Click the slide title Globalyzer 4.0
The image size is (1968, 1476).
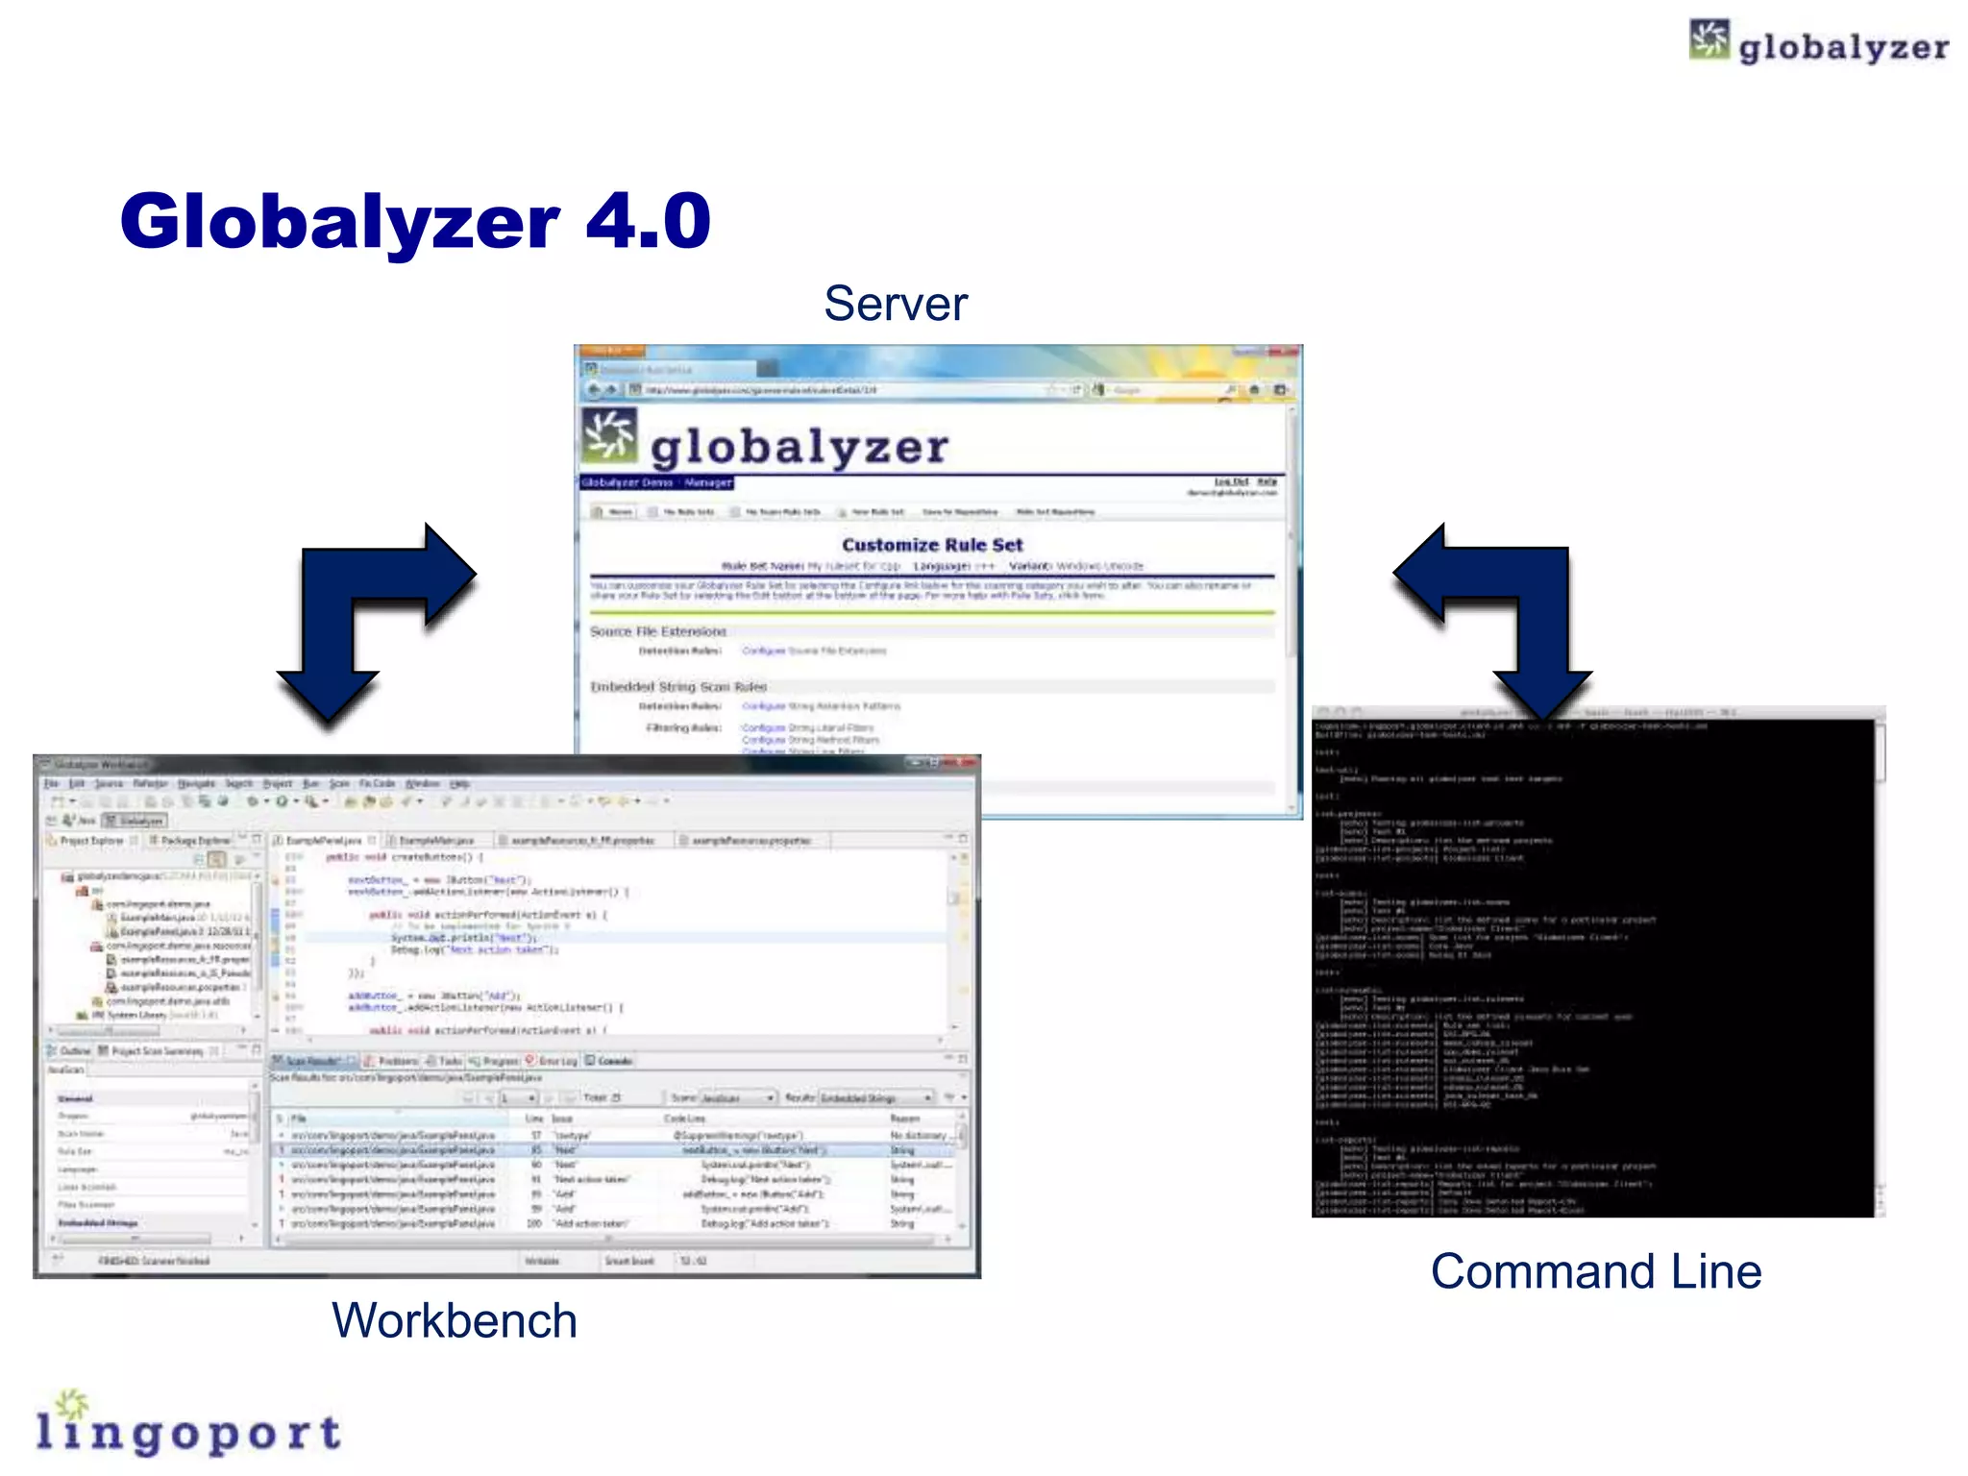click(x=414, y=222)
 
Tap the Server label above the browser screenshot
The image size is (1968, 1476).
click(x=896, y=304)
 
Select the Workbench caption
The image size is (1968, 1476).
click(x=454, y=1320)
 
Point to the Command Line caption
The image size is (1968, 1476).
click(x=1595, y=1271)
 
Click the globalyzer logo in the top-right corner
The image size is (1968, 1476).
click(x=1819, y=43)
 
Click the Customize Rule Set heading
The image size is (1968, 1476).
click(x=932, y=545)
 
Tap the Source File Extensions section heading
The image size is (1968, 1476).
click(x=658, y=631)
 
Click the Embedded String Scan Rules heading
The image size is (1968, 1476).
click(x=678, y=687)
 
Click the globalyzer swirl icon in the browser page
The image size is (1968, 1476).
click(x=609, y=435)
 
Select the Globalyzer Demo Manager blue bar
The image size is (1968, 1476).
click(x=656, y=482)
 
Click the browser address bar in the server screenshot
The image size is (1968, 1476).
click(x=836, y=390)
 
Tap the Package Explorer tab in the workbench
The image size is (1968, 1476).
click(x=195, y=841)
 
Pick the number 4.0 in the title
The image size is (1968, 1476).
click(x=648, y=222)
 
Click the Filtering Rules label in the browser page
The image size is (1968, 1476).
click(x=683, y=727)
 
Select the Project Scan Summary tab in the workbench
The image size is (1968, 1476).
click(x=157, y=1051)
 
